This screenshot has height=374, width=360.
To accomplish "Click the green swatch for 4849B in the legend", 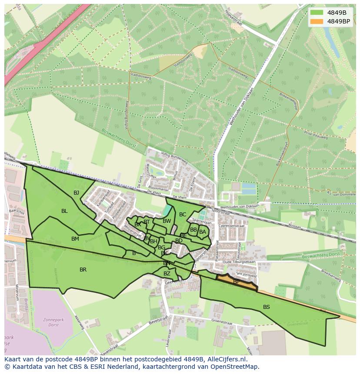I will (317, 13).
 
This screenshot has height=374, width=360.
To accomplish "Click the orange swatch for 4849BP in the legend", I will (317, 21).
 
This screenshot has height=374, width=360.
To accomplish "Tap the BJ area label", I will (77, 192).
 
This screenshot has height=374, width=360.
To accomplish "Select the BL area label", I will (64, 211).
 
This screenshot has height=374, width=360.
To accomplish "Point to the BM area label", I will (75, 238).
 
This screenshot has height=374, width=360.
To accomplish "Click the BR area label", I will (83, 270).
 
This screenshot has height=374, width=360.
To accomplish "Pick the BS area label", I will (267, 307).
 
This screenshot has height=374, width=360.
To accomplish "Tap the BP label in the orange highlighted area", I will (236, 282).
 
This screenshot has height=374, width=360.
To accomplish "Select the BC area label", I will (183, 214).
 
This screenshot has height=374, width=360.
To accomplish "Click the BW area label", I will (167, 221).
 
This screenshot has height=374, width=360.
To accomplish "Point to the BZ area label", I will (167, 274).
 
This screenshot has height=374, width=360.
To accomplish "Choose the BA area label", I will (202, 232).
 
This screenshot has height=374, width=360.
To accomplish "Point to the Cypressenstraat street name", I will (232, 226).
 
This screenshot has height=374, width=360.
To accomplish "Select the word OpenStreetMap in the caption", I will (234, 367).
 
